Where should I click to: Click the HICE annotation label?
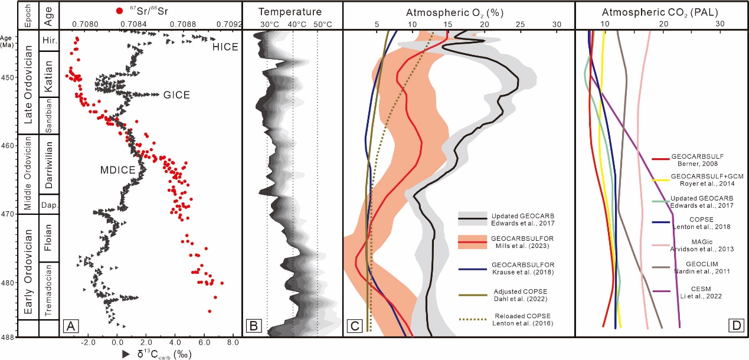coord(226,47)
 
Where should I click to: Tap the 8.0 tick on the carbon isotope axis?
coord(232,343)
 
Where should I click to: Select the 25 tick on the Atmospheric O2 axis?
coord(520,24)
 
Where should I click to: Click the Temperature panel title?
coord(290,12)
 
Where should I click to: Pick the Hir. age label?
coord(50,40)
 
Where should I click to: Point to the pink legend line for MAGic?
coord(659,242)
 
